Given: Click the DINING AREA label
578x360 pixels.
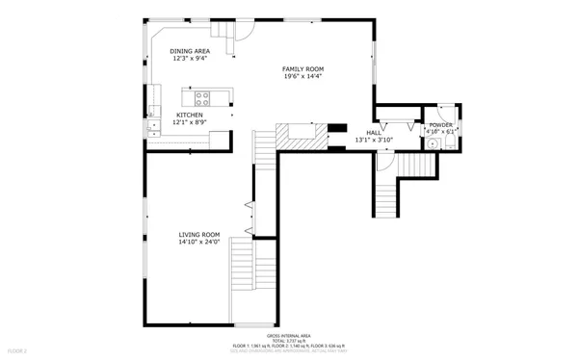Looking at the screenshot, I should (x=190, y=51).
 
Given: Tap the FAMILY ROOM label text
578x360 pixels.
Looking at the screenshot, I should (x=302, y=69).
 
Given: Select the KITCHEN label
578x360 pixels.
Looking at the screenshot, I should (x=189, y=115).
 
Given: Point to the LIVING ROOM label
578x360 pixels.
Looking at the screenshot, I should (x=198, y=235).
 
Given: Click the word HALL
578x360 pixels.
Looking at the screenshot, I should (x=373, y=133).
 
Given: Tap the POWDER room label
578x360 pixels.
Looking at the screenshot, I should (x=440, y=125).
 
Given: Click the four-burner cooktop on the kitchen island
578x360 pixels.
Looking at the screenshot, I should (x=202, y=96).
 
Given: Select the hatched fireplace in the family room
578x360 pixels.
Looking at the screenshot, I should (x=297, y=135).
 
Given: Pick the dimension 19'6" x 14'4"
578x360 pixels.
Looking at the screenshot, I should (x=302, y=77).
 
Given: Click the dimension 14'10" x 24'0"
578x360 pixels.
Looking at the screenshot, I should (x=198, y=243).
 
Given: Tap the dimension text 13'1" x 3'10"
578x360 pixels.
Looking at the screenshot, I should (x=373, y=141).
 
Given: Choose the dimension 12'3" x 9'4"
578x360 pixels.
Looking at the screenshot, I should (x=190, y=59).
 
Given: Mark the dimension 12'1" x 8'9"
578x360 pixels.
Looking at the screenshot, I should (x=189, y=122).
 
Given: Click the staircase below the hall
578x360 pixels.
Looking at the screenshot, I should (x=385, y=193).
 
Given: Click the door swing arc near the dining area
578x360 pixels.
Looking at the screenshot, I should (x=243, y=37).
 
